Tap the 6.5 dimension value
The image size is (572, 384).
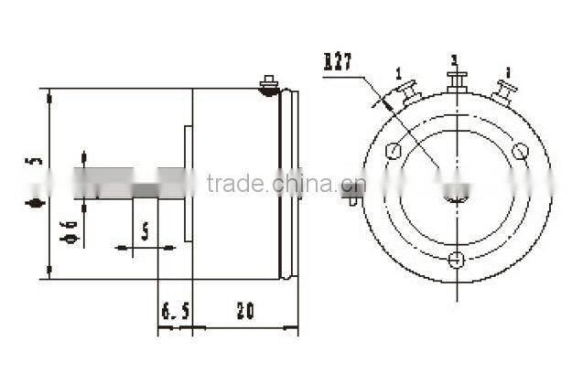point(175,312)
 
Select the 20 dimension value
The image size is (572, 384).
point(244,312)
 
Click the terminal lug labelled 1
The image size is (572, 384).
point(405,91)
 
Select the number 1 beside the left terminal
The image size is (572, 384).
point(399,72)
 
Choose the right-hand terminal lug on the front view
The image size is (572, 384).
point(502,91)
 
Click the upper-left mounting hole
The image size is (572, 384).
point(394,152)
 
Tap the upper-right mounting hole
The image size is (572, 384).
point(520,152)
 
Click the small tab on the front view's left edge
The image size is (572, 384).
point(352,194)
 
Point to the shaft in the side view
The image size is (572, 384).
point(119,183)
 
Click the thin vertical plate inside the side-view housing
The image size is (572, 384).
point(189,183)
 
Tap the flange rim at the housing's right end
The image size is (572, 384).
point(287,183)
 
